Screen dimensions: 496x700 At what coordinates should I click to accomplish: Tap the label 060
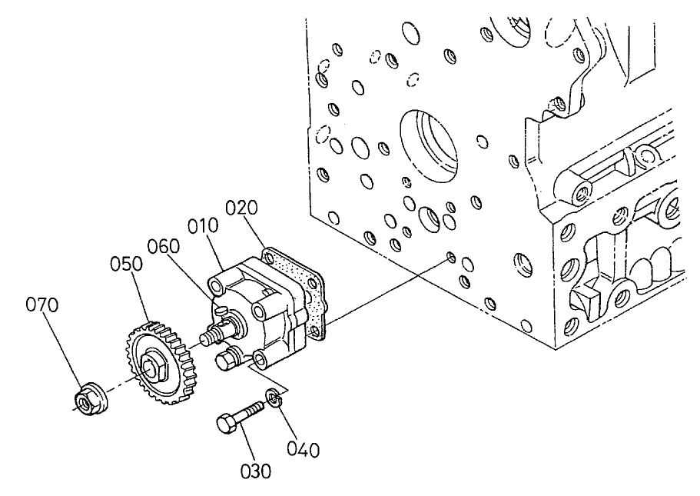point(164,246)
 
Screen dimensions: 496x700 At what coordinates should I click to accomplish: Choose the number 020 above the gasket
point(242,208)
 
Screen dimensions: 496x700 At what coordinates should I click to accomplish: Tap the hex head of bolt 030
point(225,423)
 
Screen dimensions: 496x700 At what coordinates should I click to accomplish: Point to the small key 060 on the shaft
point(220,311)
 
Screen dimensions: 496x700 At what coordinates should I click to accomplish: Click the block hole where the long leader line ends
point(451,257)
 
